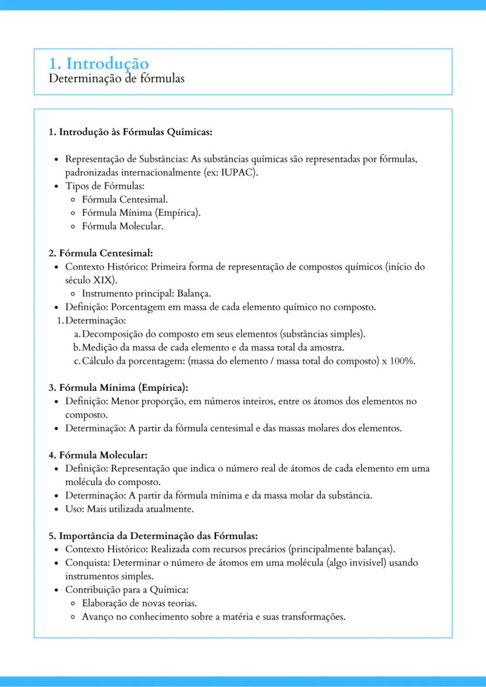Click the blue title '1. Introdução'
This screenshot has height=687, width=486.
click(99, 63)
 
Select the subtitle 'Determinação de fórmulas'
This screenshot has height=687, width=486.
click(116, 78)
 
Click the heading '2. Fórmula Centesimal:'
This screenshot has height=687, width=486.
click(100, 253)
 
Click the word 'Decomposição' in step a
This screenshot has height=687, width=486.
click(111, 334)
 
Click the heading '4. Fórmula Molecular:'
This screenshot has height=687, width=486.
click(98, 455)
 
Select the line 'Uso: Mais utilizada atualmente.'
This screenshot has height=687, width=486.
click(129, 509)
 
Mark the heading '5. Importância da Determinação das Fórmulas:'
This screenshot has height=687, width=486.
click(153, 536)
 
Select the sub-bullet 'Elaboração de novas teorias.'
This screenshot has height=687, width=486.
click(139, 603)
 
